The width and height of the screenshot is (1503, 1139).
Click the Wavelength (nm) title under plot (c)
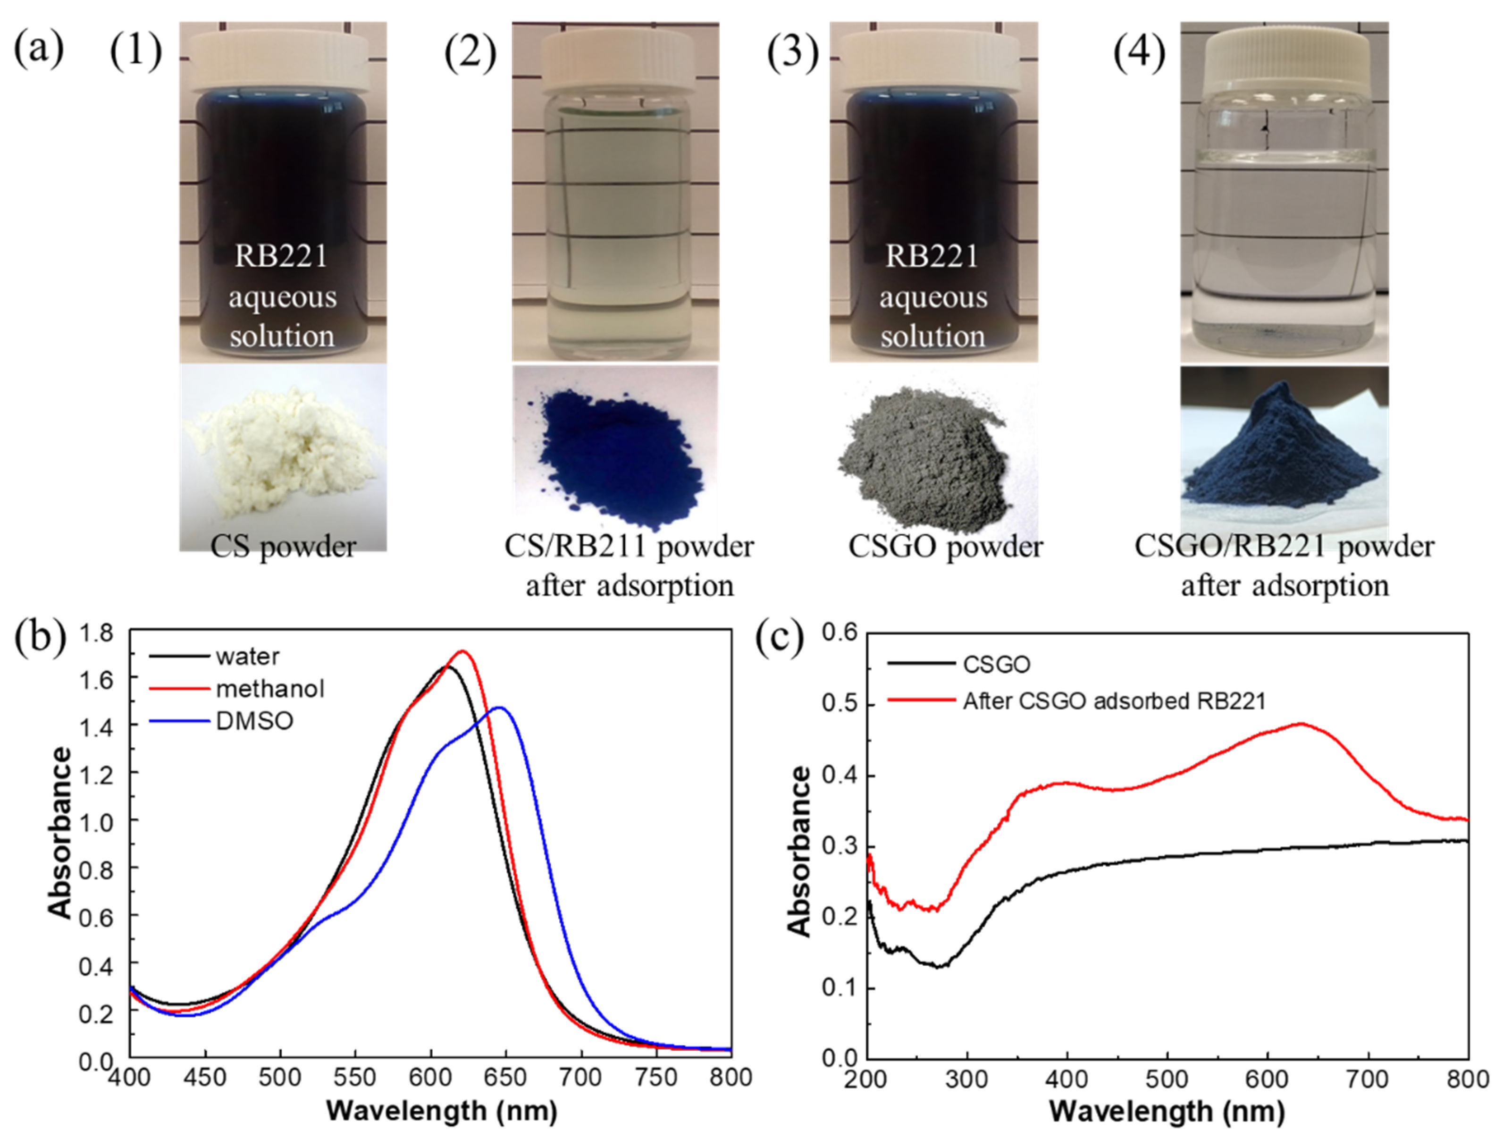(x=1166, y=1112)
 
